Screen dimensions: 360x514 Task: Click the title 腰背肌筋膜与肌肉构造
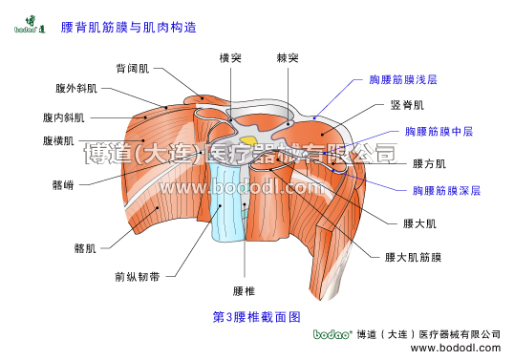(x=129, y=28)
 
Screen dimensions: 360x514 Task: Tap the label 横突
(x=230, y=57)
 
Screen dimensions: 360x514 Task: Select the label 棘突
(x=287, y=57)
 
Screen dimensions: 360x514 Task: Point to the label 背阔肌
(x=133, y=69)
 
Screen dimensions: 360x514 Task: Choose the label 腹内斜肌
(x=64, y=117)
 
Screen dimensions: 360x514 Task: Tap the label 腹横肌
(x=59, y=141)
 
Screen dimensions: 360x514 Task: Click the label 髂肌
(x=85, y=248)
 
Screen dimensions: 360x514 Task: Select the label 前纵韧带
(x=137, y=278)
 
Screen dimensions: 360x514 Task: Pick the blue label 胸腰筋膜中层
(x=439, y=131)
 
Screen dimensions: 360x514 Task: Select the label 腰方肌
(x=429, y=163)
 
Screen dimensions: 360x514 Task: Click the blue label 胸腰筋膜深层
(x=446, y=191)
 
